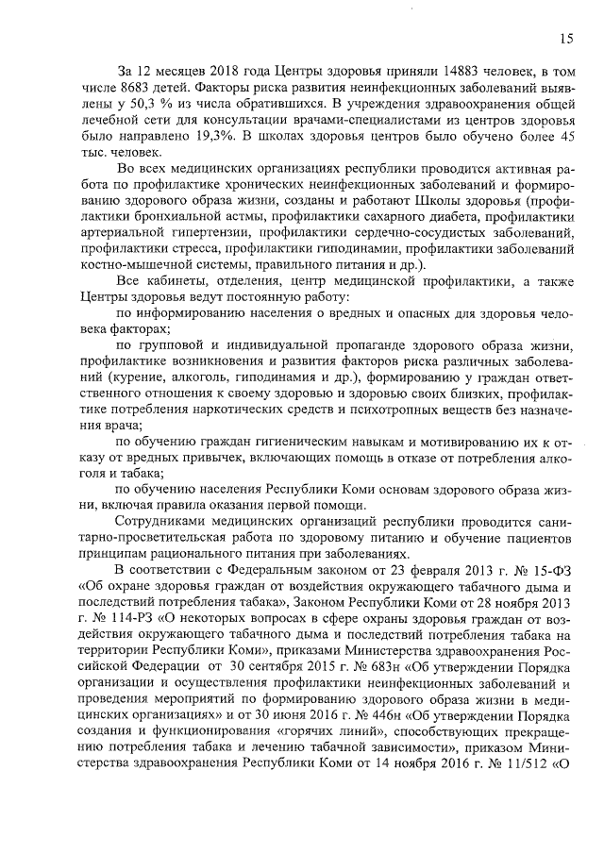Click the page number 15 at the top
[x=565, y=39]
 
